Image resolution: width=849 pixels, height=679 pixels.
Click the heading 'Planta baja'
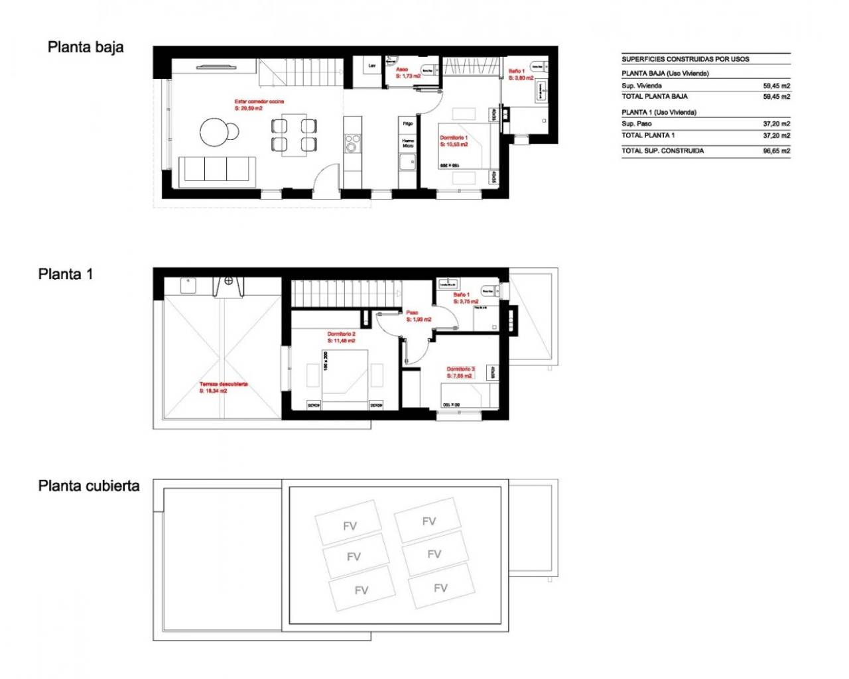pyautogui.click(x=86, y=47)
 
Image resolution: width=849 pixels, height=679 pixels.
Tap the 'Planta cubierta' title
pyautogui.click(x=89, y=486)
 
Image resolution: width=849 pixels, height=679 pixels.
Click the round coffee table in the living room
pyautogui.click(x=215, y=131)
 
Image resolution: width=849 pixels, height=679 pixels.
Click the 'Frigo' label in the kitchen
pyautogui.click(x=408, y=123)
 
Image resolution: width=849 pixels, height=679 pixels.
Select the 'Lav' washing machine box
pyautogui.click(x=371, y=66)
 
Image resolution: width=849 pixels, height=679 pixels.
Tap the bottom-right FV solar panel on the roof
pyautogui.click(x=440, y=587)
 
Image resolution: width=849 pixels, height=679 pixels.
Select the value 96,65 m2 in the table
pyautogui.click(x=776, y=151)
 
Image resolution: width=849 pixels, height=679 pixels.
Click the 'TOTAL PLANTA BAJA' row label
pyautogui.click(x=654, y=97)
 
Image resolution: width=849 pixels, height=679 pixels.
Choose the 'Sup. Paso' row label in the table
pyautogui.click(x=637, y=124)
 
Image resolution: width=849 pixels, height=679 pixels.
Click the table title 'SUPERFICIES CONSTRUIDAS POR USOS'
pyautogui.click(x=685, y=59)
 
